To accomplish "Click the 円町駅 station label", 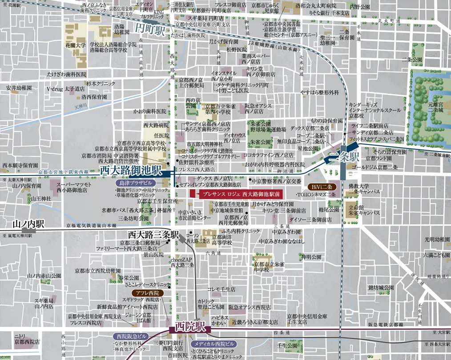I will (149, 30).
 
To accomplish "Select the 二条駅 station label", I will (345, 157).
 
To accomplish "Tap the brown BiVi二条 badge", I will (323, 187).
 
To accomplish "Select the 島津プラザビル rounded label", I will (136, 183).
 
